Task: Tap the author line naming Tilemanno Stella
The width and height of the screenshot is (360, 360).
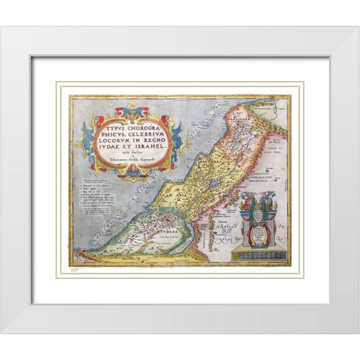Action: click(x=132, y=160)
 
